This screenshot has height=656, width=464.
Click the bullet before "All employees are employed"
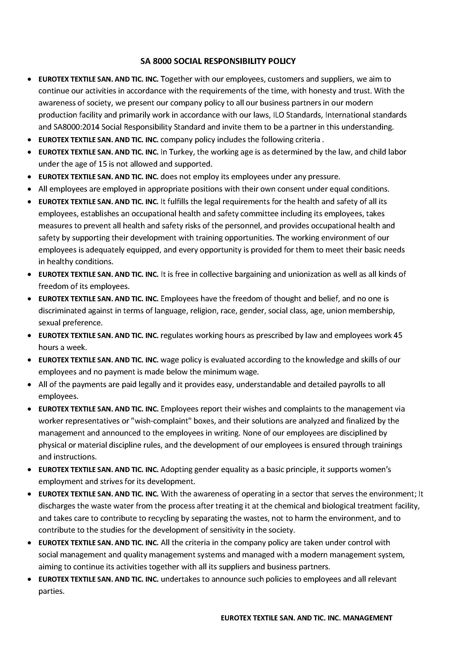pyautogui.click(x=29, y=189)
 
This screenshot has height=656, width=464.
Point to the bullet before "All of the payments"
pyautogui.click(x=29, y=385)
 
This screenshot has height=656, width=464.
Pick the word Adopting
pyautogui.click(x=175, y=469)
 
